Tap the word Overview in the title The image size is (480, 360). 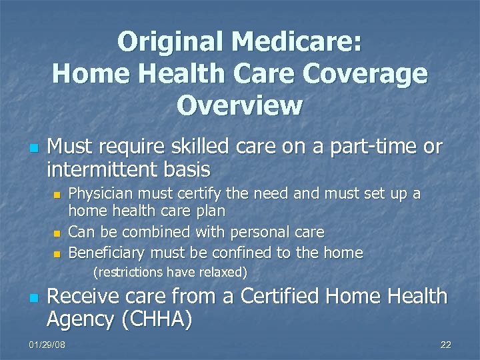click(239, 105)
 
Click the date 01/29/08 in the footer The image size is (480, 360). click(47, 345)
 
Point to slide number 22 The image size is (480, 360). click(445, 345)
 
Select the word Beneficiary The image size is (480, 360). click(107, 253)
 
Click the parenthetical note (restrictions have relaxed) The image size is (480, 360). click(171, 272)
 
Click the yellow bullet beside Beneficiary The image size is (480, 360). click(57, 254)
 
